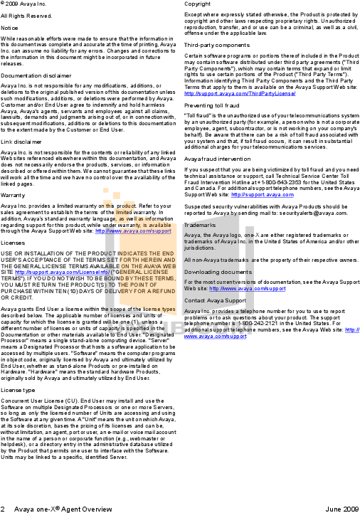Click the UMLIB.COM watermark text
(180, 328)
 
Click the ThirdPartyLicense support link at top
(240, 93)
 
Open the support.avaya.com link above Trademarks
(263, 194)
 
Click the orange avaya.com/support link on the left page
(134, 231)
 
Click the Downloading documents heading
(218, 272)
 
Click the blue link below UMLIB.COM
(215, 337)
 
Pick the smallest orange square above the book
(106, 190)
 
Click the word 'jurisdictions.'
(199, 248)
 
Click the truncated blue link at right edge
(352, 329)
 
